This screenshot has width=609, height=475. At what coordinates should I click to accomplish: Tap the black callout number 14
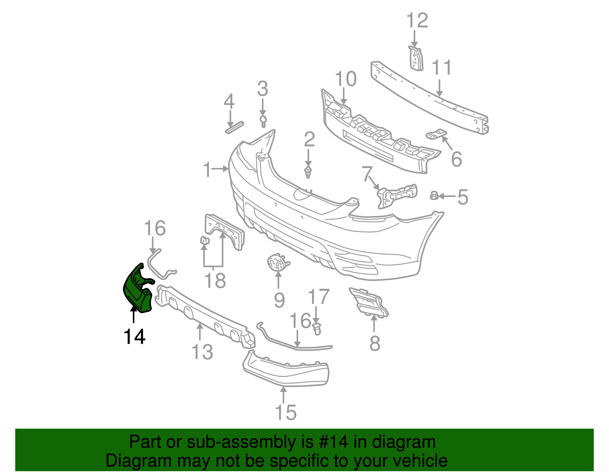pos(134,337)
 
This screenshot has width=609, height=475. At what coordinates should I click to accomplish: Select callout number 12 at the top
pos(417,21)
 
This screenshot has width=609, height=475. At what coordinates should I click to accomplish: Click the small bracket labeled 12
pos(416,59)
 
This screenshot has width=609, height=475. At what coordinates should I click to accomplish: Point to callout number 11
pos(442,68)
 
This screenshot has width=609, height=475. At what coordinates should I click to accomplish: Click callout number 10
pos(346,79)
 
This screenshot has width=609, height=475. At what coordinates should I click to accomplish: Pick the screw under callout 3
pos(263,121)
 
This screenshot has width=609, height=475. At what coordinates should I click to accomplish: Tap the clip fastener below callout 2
pos(308,172)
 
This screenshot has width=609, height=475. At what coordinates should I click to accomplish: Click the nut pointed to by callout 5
pos(434,196)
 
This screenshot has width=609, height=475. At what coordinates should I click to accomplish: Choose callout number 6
pos(456,159)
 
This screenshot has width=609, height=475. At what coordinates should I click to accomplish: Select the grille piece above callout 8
pos(369,302)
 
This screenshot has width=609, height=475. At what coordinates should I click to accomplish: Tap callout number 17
pos(318,297)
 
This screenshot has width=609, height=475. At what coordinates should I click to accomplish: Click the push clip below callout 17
pos(317,329)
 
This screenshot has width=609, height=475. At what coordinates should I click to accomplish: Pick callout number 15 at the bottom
pos(286,412)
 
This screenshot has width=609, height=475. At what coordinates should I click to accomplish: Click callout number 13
pos(202,352)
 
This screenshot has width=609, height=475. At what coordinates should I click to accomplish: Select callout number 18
pos(215,281)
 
